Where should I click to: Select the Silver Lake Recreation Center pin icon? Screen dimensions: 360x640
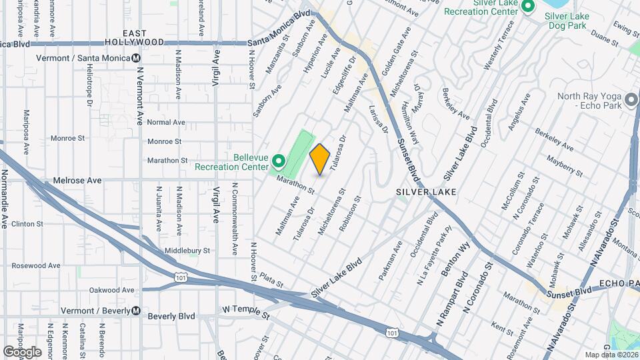(x=528, y=7)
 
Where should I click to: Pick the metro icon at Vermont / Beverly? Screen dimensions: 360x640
(x=135, y=311)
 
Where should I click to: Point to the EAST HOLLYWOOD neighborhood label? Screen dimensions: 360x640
(x=144, y=37)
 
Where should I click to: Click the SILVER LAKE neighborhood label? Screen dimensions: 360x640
(x=426, y=192)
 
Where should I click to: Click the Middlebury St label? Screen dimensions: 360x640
(x=187, y=251)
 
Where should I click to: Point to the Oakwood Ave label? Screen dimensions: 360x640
(x=112, y=290)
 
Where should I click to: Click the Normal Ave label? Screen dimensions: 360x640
(x=166, y=122)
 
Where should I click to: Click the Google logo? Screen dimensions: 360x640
(x=22, y=352)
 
